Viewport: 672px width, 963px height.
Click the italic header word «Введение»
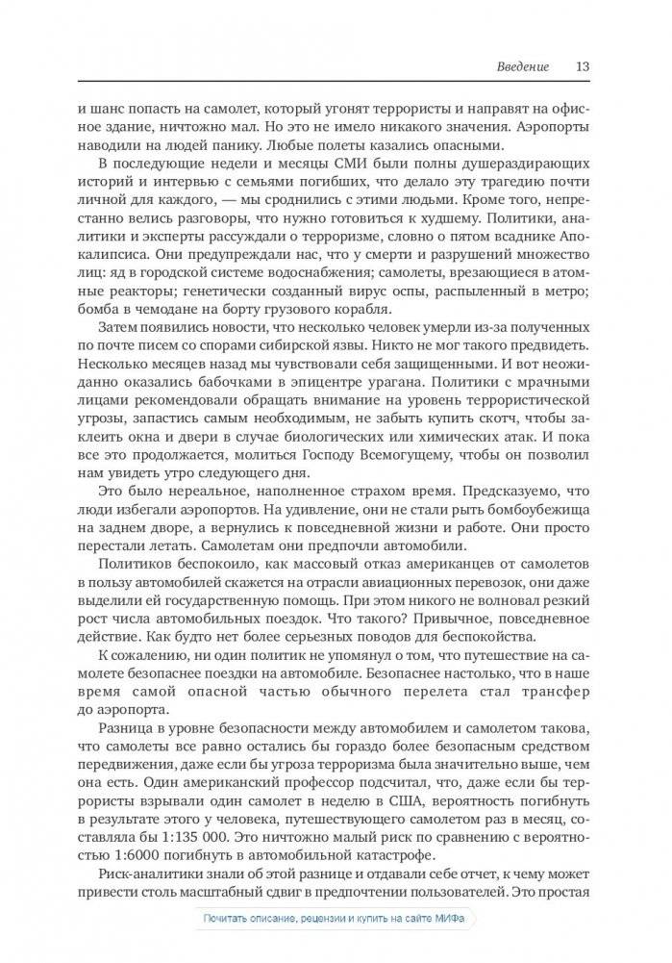click(x=523, y=67)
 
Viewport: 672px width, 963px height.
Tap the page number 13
click(x=583, y=67)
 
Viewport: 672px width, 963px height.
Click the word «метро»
click(x=568, y=289)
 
